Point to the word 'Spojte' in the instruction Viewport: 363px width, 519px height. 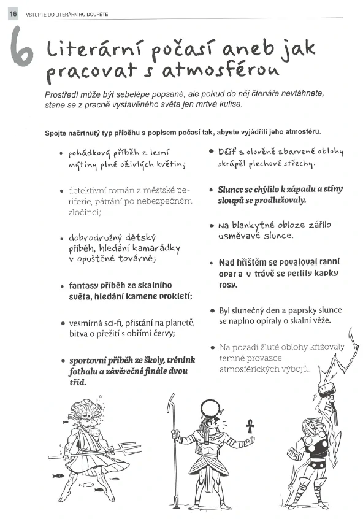click(x=57, y=132)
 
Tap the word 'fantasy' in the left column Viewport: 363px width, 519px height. click(x=84, y=286)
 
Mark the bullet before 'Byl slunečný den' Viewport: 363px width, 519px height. click(x=212, y=311)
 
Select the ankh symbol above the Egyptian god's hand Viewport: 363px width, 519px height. click(x=250, y=424)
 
